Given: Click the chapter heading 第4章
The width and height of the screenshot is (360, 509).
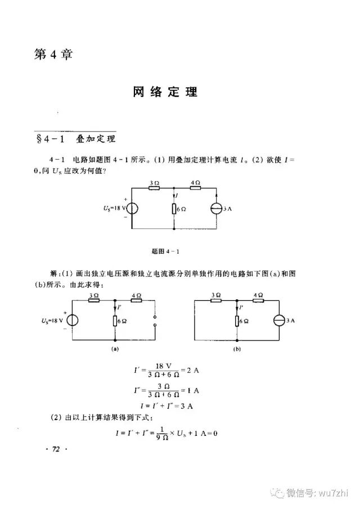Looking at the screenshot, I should (55, 55).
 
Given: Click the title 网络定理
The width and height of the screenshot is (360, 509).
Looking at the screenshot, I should (165, 92).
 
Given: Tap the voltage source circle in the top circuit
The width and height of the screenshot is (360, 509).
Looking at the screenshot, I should (132, 209).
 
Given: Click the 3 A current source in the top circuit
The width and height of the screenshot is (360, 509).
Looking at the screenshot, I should (217, 209).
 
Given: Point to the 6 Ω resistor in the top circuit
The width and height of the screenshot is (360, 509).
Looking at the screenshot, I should (174, 209).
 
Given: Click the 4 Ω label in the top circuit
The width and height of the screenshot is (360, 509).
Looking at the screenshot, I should (196, 182).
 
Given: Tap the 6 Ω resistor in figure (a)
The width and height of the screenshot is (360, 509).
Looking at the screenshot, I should (115, 321).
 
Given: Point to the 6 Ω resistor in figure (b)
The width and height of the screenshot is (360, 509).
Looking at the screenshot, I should (237, 321).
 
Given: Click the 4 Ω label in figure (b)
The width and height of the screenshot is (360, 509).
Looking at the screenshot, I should (258, 295).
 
